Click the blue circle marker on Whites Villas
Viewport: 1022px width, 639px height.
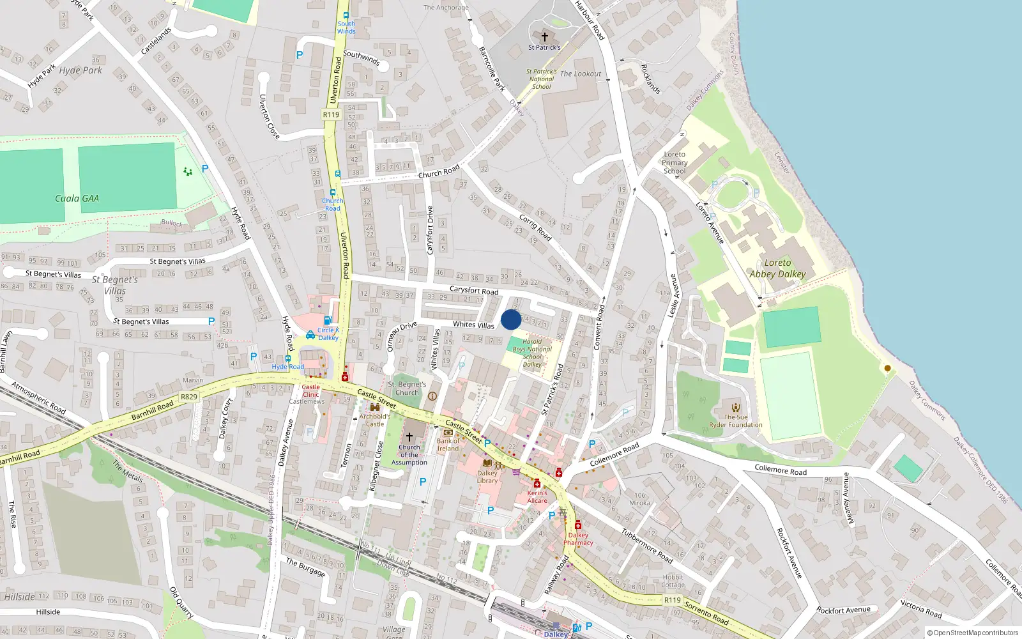click(x=511, y=319)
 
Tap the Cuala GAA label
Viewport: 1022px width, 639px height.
click(x=77, y=199)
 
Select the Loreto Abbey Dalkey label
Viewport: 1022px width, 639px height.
click(x=777, y=268)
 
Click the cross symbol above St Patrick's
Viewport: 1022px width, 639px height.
click(x=544, y=37)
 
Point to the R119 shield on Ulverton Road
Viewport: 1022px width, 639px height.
click(x=331, y=115)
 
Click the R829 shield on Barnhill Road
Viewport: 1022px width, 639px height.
click(x=188, y=397)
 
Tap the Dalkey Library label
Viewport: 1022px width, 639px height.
click(x=487, y=477)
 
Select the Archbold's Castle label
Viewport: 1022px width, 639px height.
click(x=375, y=420)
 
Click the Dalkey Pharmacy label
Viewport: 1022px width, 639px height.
click(x=578, y=539)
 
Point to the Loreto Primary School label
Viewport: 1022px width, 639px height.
click(x=675, y=162)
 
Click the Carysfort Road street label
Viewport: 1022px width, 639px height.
click(x=473, y=290)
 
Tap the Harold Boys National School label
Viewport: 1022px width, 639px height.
click(x=532, y=353)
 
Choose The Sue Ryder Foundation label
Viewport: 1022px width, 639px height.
click(x=735, y=421)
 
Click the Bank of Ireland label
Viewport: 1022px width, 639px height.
click(x=448, y=445)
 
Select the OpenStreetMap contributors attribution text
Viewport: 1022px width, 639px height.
click(x=972, y=633)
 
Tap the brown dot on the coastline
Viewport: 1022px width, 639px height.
click(x=887, y=368)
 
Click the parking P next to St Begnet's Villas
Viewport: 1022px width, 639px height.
click(x=211, y=321)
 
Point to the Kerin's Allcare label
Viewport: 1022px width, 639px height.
click(x=537, y=497)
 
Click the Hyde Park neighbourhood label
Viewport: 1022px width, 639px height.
click(x=80, y=70)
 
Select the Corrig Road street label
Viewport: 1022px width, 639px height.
click(x=535, y=227)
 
